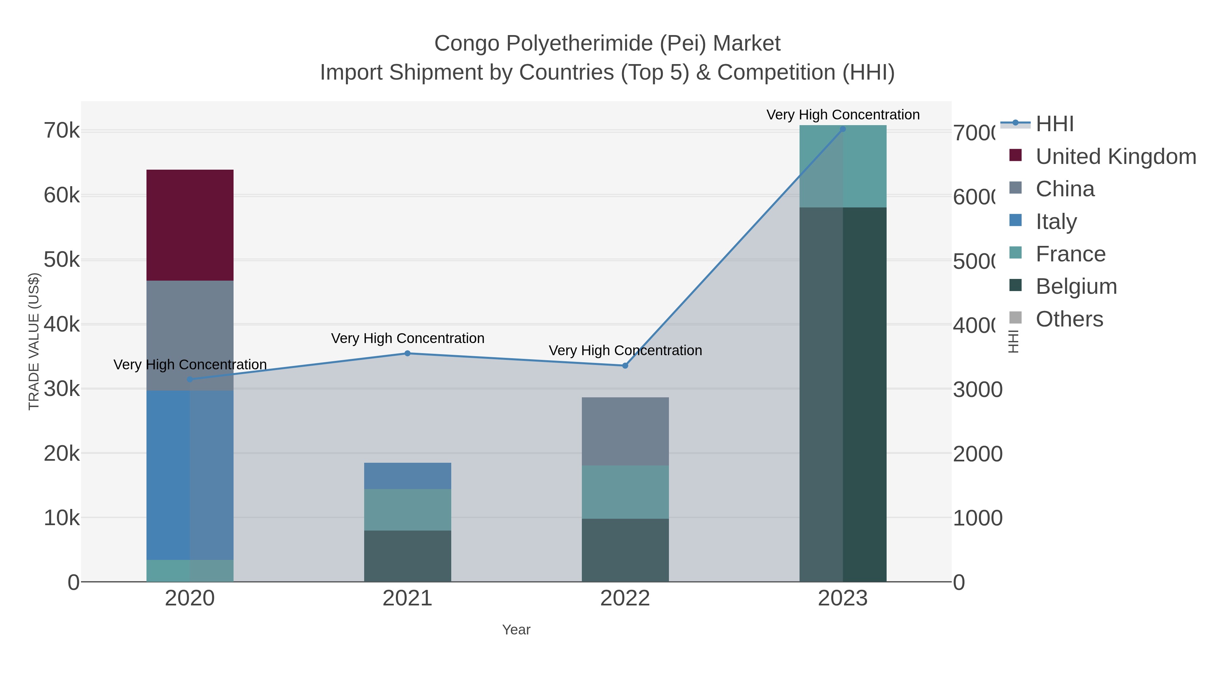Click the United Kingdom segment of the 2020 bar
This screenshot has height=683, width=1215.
(190, 225)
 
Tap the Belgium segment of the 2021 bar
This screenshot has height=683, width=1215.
(407, 556)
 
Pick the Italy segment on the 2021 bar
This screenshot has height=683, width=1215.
(407, 476)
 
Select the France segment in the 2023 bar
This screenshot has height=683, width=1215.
(843, 166)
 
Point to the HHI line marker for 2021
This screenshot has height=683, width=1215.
(407, 353)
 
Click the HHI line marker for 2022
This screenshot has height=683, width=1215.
(625, 365)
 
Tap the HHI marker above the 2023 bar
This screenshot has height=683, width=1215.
(843, 129)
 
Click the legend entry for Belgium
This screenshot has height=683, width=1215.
(1076, 287)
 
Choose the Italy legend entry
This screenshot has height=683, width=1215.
(1056, 222)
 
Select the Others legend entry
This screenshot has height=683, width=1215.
(1069, 319)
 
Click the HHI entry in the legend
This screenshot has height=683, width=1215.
(1055, 124)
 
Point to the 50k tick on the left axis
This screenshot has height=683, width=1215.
(62, 260)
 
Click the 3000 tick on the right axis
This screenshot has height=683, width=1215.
(977, 389)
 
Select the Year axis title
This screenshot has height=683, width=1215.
(516, 630)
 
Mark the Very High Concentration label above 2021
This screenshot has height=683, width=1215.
(407, 338)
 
